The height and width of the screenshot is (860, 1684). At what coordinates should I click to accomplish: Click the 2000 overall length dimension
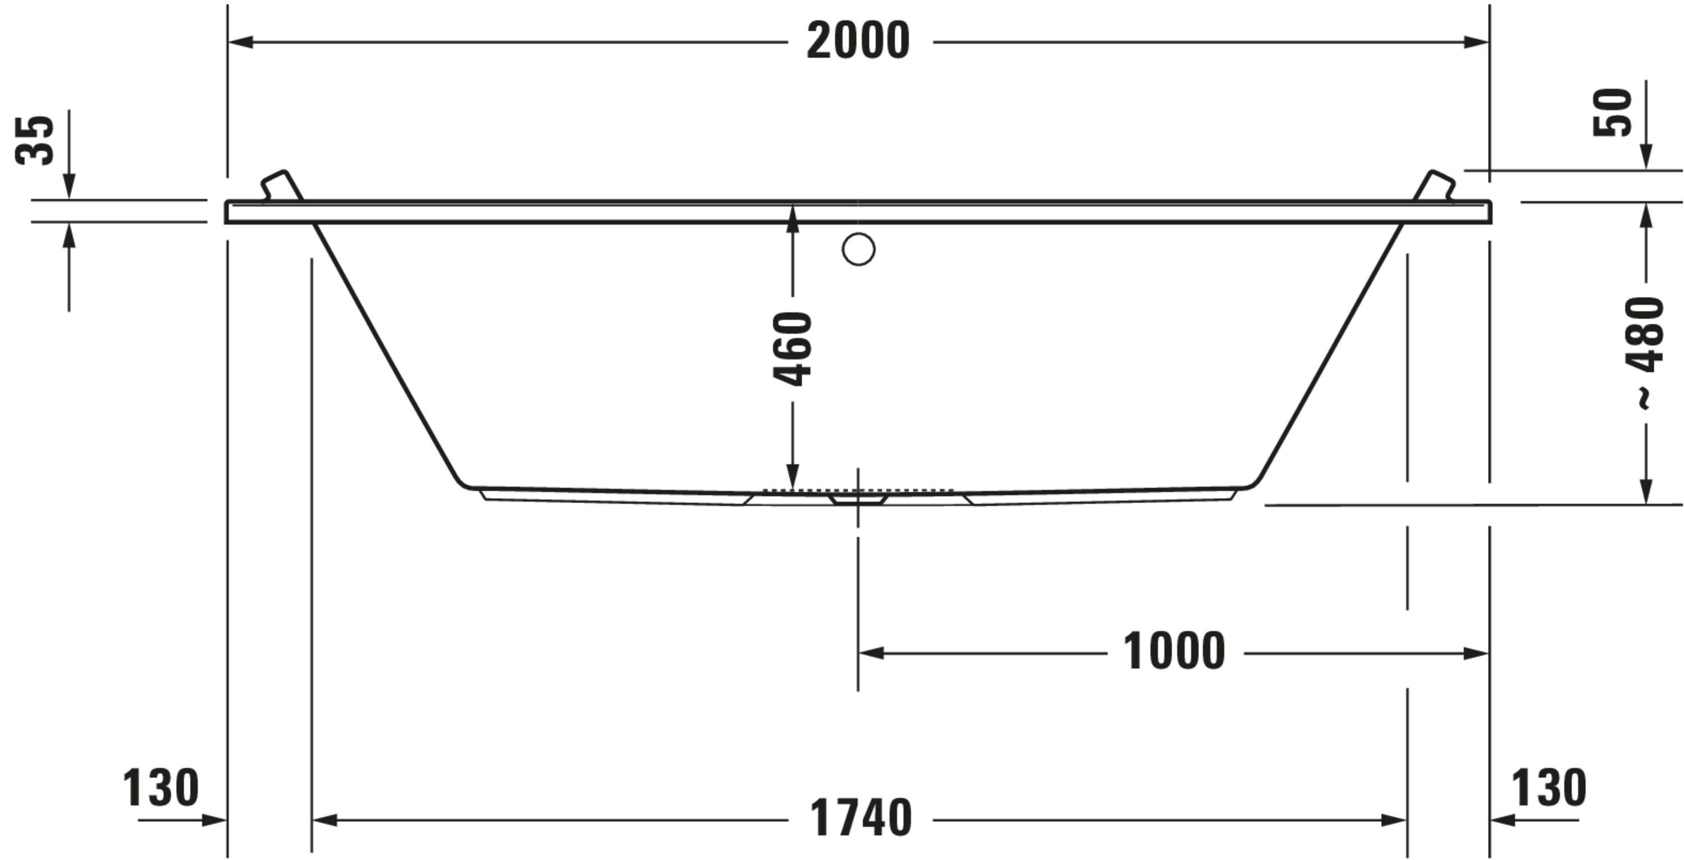click(858, 41)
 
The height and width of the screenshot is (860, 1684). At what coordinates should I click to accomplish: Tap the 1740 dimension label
click(861, 818)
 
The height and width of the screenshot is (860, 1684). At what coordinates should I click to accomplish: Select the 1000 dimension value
click(1173, 652)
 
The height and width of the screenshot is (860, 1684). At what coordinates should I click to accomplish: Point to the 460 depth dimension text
click(792, 349)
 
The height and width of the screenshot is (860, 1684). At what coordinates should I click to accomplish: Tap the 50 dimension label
click(1613, 112)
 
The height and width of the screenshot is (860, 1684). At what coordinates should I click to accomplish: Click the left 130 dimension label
click(161, 788)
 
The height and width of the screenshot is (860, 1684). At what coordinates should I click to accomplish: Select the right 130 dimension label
click(1549, 788)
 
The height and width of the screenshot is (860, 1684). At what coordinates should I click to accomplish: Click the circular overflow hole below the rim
click(858, 249)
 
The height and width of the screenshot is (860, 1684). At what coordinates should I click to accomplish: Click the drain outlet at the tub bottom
click(858, 499)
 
